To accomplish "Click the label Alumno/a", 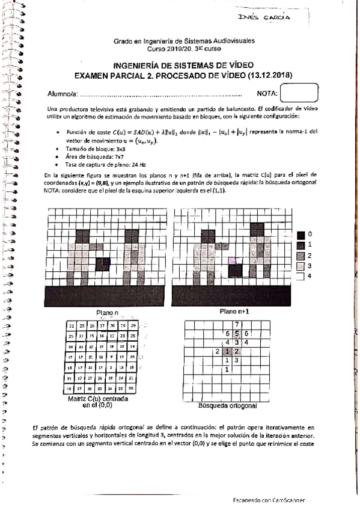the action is (x=62, y=94).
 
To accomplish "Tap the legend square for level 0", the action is (x=301, y=234).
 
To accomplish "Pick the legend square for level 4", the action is (x=301, y=276).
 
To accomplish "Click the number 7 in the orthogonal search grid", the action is (x=237, y=325).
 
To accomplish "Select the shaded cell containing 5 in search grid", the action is (x=237, y=333).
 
